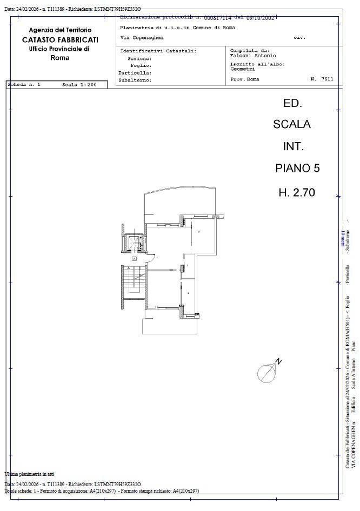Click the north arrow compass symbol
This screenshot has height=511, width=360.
pos(267,372)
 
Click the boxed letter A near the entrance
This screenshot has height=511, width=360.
pos(134,259)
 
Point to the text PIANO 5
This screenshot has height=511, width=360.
pos(297,168)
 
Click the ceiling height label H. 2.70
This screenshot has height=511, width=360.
pos(297,192)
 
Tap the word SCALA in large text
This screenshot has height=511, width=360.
pos(292,124)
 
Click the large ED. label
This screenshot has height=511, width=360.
pos(292,103)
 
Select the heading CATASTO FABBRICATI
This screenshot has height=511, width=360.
pos(60,39)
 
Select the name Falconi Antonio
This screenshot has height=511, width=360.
pos(253,56)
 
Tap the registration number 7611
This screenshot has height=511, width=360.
pos(327,79)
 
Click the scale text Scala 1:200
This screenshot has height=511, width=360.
pos(79,85)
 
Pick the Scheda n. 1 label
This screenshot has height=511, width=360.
pos(24,85)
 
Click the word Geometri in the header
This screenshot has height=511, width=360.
pos(243,69)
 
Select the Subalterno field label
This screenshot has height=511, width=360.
pos(135,80)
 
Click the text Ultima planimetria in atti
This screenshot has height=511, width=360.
pos(29,474)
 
